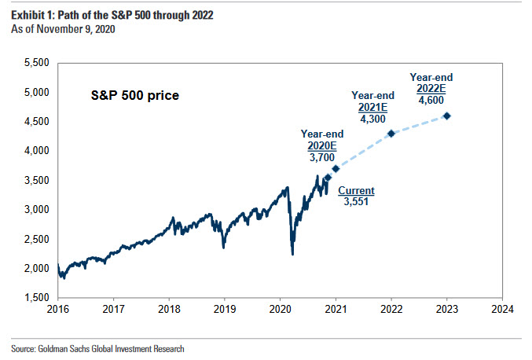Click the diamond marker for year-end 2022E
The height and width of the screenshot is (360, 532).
point(447,116)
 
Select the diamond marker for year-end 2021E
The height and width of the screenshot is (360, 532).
point(391,133)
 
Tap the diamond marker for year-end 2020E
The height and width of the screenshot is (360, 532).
point(336,168)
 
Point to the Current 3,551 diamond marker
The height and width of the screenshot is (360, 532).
point(328,177)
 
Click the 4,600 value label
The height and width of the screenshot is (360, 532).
point(431,101)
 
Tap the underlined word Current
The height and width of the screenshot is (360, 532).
point(356,190)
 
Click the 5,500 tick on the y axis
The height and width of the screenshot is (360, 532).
point(35,62)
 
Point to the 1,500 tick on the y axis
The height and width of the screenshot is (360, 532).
point(35,298)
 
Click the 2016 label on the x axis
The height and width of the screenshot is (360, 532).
point(58,310)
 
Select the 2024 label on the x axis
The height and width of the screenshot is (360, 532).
point(502,310)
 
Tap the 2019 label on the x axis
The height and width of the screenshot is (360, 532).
point(225,310)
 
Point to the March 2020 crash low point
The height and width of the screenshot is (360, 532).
point(292,254)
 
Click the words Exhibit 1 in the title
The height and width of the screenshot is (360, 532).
point(31,16)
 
